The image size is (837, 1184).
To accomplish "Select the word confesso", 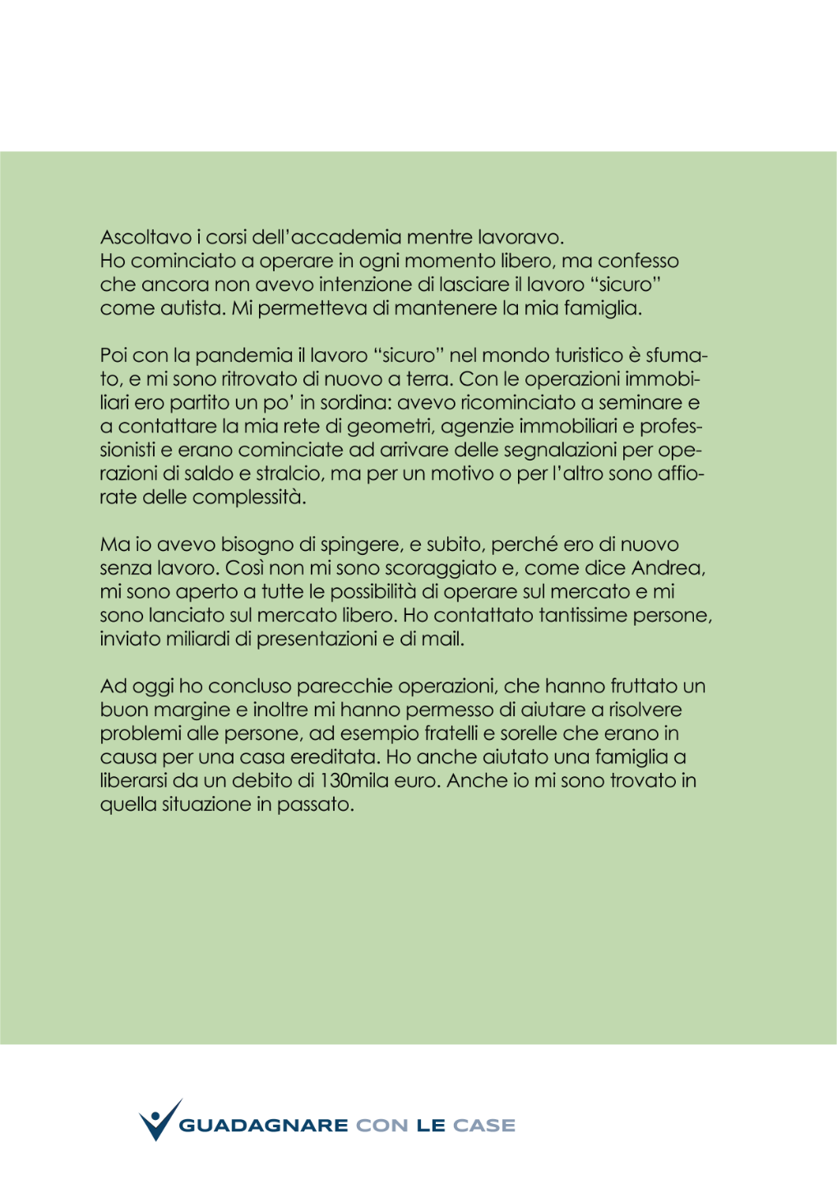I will coord(638,261).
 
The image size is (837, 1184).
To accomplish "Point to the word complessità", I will coord(248,498).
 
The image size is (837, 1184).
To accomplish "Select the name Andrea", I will coord(668,568).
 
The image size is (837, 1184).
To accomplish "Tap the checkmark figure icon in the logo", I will coord(160,1121).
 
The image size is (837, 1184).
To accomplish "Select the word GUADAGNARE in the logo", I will coord(263,1126).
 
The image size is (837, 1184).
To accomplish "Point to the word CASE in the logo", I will coord(484,1126).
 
